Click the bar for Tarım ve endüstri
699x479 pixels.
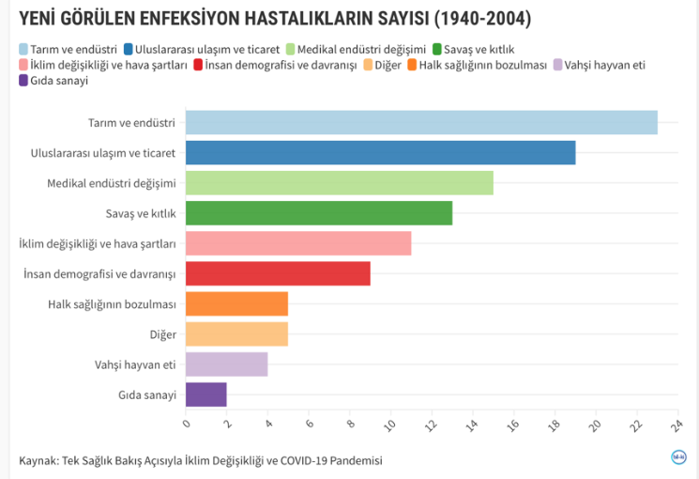[x=421, y=122]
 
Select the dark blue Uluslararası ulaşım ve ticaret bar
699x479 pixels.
[x=380, y=152]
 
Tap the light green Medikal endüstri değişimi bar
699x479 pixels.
[x=339, y=182]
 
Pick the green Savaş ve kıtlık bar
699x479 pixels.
[x=319, y=213]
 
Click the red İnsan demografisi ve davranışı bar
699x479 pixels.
[x=278, y=273]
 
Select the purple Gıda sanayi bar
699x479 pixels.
[x=206, y=394]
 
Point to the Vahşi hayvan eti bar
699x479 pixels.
[x=226, y=364]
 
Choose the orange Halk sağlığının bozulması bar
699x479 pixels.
[x=236, y=303]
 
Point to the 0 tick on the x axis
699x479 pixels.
[x=187, y=425]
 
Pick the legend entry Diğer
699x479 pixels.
[x=387, y=65]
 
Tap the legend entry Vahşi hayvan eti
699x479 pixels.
[x=604, y=65]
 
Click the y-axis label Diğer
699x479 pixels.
[x=162, y=334]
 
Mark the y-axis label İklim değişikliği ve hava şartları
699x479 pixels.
[x=98, y=243]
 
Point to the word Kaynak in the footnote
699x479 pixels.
[x=38, y=460]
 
